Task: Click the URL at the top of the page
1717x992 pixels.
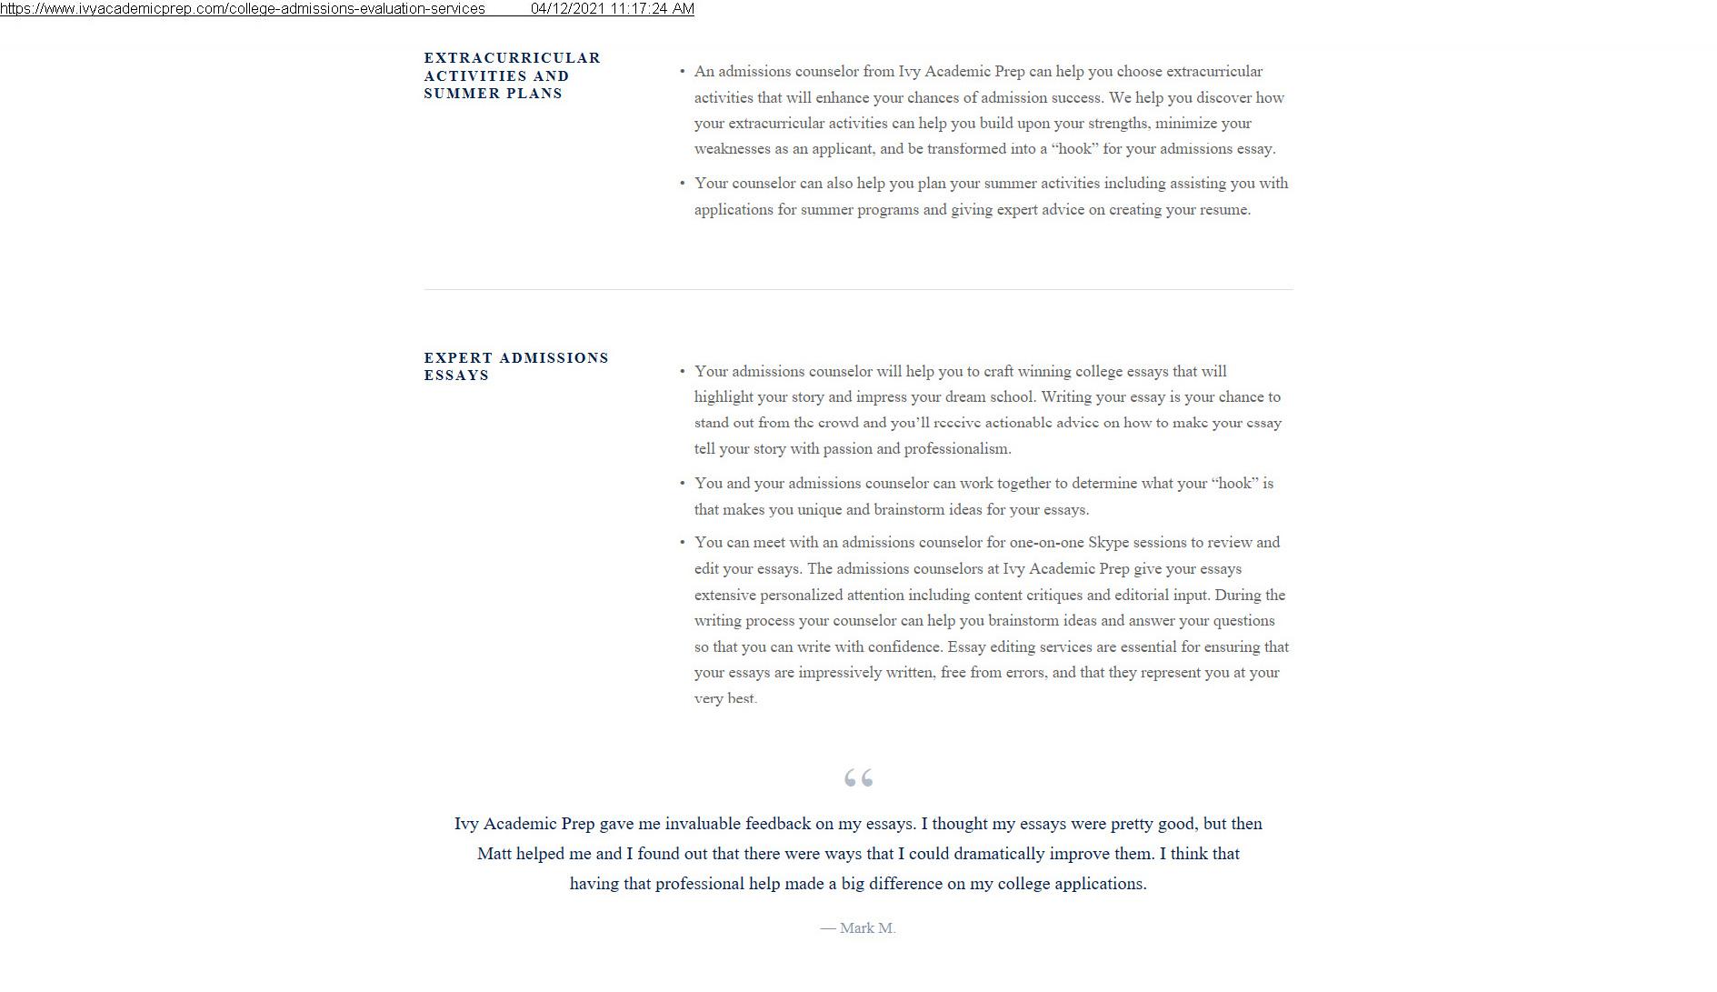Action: tap(243, 9)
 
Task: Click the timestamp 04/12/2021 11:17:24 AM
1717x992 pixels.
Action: tap(612, 9)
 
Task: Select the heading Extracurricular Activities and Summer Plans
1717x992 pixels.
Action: tap(512, 75)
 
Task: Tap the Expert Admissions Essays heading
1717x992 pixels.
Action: tap(515, 366)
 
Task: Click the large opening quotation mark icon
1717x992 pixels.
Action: tap(858, 778)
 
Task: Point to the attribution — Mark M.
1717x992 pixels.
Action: tap(858, 928)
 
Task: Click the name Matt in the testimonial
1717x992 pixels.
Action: tap(494, 854)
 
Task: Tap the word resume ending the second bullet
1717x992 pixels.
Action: tap(1224, 210)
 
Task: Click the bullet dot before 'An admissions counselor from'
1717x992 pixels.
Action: tap(682, 71)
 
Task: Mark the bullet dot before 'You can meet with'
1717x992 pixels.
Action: tap(682, 543)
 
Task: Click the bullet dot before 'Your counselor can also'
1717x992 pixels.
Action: tap(682, 183)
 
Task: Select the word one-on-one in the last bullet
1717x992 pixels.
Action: tap(1046, 543)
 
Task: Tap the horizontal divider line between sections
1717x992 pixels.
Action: tap(858, 289)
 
